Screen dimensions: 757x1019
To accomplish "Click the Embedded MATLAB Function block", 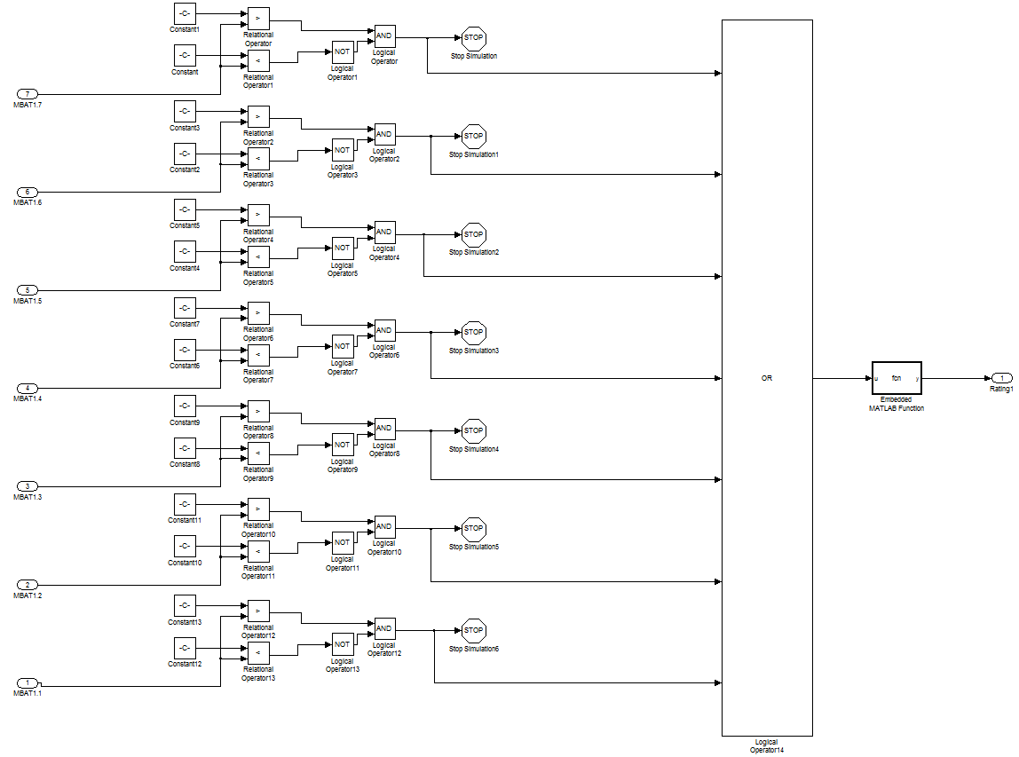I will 897,378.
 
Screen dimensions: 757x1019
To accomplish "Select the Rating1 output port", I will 1001,378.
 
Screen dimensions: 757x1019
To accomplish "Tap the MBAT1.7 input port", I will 28,94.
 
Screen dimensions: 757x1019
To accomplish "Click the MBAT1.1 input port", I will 28,682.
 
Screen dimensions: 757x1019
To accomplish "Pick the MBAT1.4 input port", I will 28,388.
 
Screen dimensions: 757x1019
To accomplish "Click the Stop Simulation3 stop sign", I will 474,333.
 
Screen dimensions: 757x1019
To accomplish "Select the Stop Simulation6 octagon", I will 474,630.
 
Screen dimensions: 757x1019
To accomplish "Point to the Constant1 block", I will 185,13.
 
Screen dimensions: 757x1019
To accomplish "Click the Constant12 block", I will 185,648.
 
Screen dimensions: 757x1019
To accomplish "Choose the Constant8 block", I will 185,447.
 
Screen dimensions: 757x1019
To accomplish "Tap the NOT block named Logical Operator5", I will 343,248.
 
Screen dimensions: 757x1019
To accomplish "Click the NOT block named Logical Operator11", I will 343,542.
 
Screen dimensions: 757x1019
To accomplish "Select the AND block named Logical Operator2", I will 384,135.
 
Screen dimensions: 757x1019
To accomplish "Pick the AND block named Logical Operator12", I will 384,628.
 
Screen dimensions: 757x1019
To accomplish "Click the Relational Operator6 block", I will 258,312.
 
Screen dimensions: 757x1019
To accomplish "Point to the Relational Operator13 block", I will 258,653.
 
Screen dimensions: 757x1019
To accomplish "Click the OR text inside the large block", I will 767,378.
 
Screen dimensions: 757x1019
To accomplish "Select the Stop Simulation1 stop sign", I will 474,136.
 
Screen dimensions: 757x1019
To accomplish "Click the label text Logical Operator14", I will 767,745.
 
